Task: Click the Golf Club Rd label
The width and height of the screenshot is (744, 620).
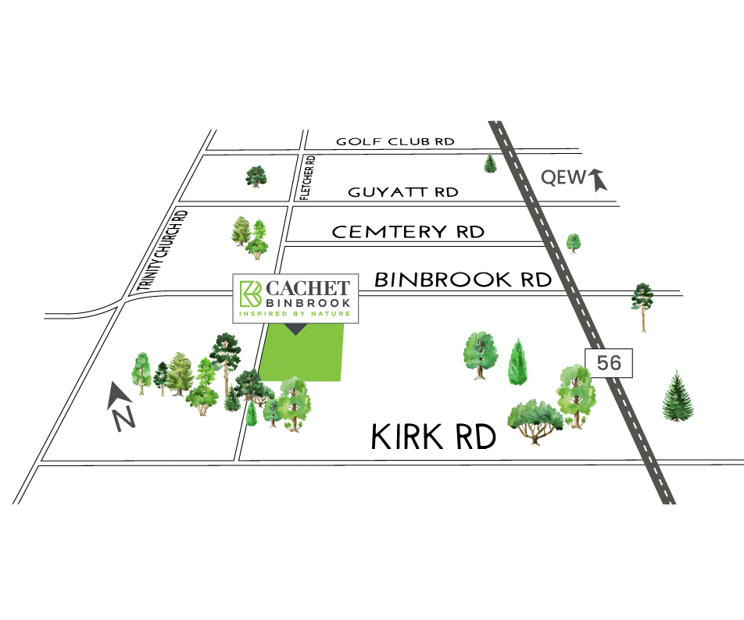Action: [x=395, y=141]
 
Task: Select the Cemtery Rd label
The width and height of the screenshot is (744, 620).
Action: [x=408, y=232]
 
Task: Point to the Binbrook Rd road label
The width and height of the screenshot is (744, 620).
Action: [x=463, y=280]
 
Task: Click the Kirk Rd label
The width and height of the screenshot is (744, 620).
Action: [x=435, y=438]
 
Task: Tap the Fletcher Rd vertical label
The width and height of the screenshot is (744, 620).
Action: [x=309, y=177]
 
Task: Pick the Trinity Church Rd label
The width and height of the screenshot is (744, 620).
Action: [x=163, y=252]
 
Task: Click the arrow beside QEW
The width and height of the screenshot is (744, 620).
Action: [x=599, y=180]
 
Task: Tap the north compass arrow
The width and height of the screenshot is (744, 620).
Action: [x=122, y=405]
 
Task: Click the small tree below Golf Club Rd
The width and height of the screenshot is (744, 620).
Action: [x=490, y=162]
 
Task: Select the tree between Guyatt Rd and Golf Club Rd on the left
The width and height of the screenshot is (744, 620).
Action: [x=256, y=176]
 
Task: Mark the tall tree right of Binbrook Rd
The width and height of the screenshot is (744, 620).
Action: [x=642, y=305]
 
